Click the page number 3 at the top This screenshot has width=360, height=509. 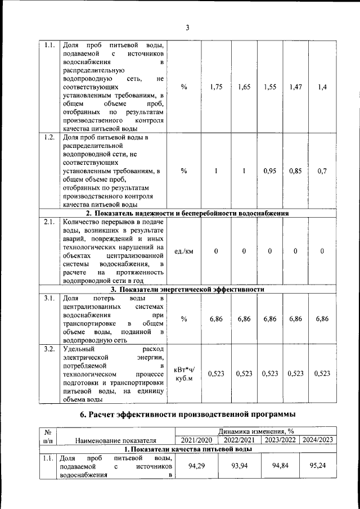[187, 28]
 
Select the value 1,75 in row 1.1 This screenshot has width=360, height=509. [216, 87]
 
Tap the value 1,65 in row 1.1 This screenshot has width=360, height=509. [244, 87]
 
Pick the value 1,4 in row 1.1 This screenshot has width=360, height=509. [322, 87]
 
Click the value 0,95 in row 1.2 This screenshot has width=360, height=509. [270, 171]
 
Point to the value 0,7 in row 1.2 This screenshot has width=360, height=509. [322, 171]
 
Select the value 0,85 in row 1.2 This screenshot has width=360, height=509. [295, 171]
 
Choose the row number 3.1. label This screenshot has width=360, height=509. [49, 298]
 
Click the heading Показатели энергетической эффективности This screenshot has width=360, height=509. [187, 290]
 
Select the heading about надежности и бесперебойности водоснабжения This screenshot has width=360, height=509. [187, 214]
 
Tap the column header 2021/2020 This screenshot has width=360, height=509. [193, 440]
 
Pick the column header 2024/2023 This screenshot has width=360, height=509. [318, 440]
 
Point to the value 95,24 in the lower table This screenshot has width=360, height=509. [318, 466]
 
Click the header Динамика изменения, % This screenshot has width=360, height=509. [256, 431]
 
